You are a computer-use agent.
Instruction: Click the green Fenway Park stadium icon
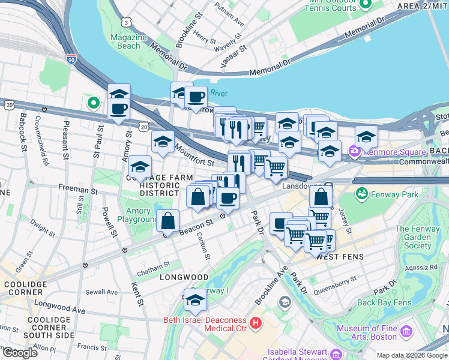point(362,194)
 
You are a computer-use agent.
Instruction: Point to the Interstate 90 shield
point(71,59)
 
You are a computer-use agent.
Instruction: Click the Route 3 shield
point(127,22)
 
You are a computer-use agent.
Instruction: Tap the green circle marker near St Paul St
point(93,103)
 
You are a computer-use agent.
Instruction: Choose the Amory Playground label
point(139,215)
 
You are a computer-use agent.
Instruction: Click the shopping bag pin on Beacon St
point(168,221)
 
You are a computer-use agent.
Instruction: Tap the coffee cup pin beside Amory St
point(119,109)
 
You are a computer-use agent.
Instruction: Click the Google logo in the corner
point(20,352)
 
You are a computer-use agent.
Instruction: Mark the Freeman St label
point(78,190)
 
